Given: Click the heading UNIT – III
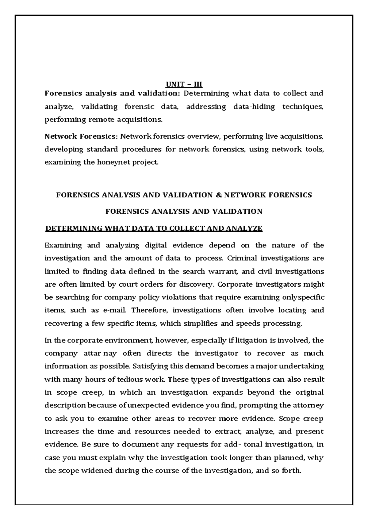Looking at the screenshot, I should pyautogui.click(x=184, y=84).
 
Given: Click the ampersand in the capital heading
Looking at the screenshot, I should pyautogui.click(x=218, y=195).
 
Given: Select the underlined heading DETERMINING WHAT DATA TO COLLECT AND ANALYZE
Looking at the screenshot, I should pyautogui.click(x=154, y=228).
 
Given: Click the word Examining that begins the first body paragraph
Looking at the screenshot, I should pyautogui.click(x=63, y=245).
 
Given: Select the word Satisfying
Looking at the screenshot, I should pyautogui.click(x=152, y=366).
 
